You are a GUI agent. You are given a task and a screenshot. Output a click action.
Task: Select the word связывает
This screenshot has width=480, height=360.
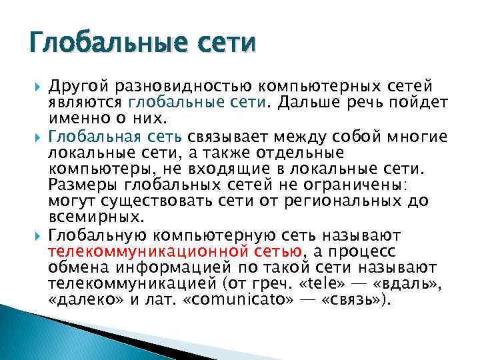pos(224,137)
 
